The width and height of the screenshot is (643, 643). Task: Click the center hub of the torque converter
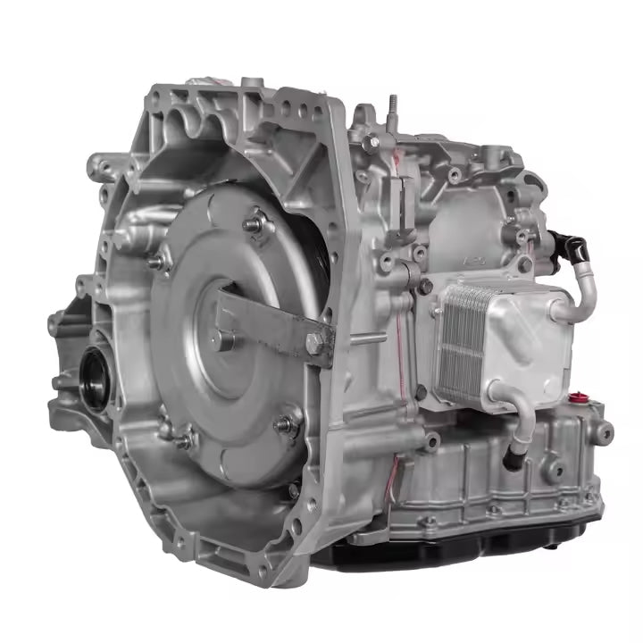225,338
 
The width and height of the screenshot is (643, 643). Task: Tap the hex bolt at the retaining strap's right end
313,341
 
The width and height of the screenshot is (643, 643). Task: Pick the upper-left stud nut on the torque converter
161,261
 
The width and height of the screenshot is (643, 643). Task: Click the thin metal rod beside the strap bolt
351,339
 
